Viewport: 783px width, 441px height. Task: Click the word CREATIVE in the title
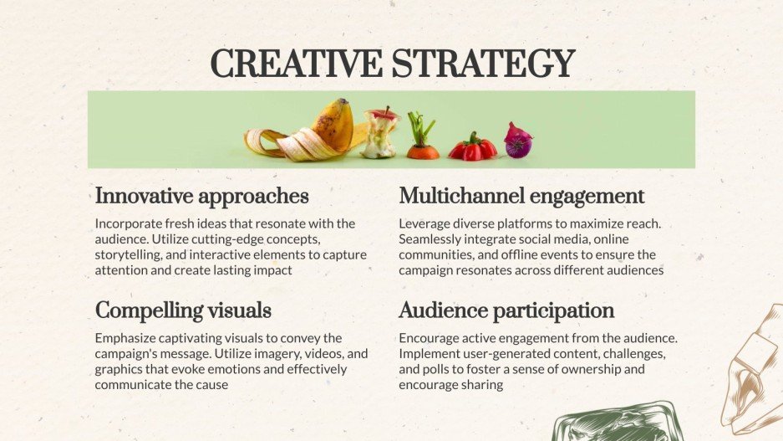(297, 64)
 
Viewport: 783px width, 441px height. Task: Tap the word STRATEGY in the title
(483, 64)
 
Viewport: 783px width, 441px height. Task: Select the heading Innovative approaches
(201, 197)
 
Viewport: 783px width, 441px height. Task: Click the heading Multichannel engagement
(521, 197)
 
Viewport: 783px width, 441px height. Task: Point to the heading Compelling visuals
(183, 311)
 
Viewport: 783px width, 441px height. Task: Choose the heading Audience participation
(506, 311)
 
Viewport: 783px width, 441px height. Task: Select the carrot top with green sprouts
(423, 136)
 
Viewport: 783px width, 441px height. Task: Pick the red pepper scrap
(472, 147)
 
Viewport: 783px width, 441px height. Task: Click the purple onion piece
(518, 141)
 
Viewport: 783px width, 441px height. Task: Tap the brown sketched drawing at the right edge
(753, 370)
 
